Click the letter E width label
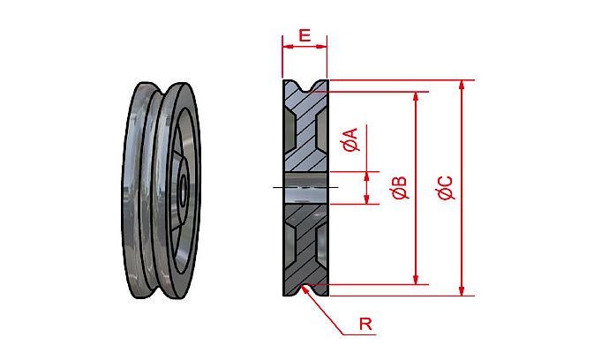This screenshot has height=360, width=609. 304,35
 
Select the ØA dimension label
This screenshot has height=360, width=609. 350,139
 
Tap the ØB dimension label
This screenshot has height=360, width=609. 399,188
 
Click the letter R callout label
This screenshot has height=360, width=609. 365,324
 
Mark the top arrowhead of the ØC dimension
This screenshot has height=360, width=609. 461,85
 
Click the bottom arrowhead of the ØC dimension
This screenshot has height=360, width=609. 461,290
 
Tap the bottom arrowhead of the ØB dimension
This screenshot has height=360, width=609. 415,280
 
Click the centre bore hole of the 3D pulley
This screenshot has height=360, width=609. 182,188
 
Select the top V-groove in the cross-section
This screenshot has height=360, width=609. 305,86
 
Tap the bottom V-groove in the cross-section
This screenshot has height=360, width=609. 305,288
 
